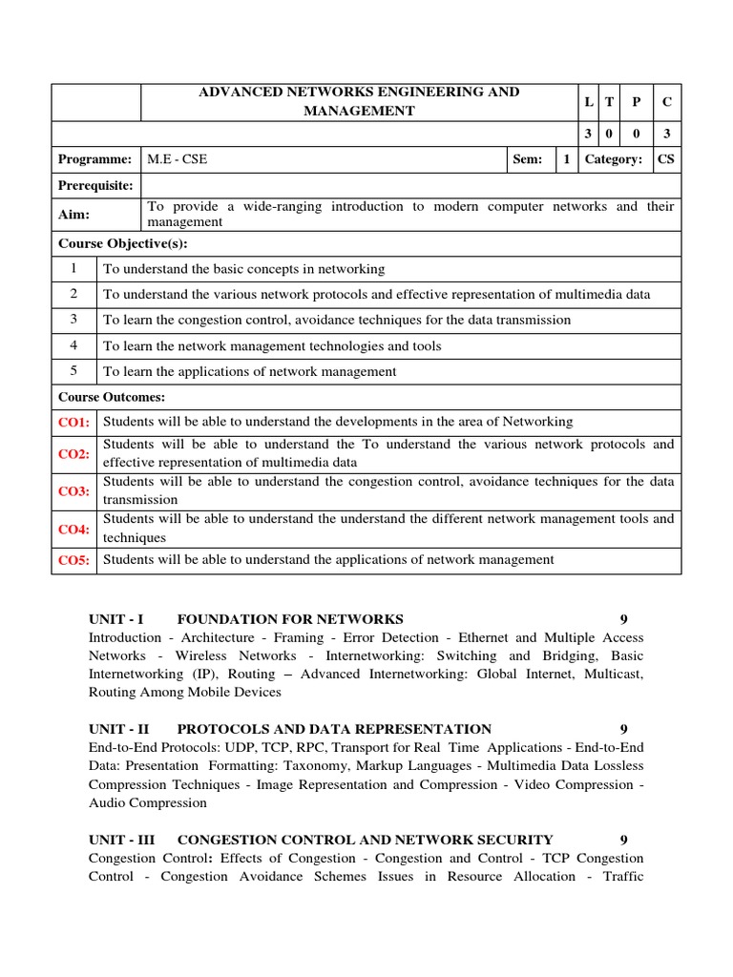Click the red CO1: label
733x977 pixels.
pyautogui.click(x=73, y=422)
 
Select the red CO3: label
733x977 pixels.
pyautogui.click(x=73, y=491)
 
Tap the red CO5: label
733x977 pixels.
pyautogui.click(x=73, y=561)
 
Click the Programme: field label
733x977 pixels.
pyautogui.click(x=94, y=159)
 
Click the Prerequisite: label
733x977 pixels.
pyautogui.click(x=96, y=185)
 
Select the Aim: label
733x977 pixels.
pyautogui.click(x=73, y=215)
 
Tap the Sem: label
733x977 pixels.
pyautogui.click(x=527, y=159)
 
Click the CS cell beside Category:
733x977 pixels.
pyautogui.click(x=666, y=159)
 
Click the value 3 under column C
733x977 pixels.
pyautogui.click(x=666, y=135)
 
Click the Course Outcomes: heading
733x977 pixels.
pyautogui.click(x=112, y=397)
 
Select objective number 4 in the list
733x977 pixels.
pyautogui.click(x=73, y=345)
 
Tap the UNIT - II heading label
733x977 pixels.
pyautogui.click(x=119, y=729)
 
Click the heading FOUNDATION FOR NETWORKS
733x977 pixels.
pyautogui.click(x=290, y=619)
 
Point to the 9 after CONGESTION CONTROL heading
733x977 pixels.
pyautogui.click(x=623, y=840)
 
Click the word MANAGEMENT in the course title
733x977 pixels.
pyautogui.click(x=359, y=111)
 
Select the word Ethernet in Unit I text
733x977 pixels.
pyautogui.click(x=483, y=637)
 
